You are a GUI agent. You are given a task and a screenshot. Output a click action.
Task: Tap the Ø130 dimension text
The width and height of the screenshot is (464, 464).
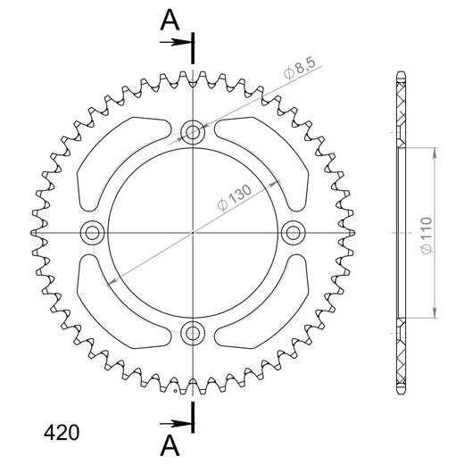coord(235,197)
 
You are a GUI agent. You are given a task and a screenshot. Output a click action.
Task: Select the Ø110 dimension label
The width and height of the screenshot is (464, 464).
coord(427,236)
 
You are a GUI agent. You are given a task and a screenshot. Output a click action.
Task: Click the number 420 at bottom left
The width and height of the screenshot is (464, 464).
coord(62,433)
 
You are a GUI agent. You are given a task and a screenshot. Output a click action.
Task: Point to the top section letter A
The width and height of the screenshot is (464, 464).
coord(170,20)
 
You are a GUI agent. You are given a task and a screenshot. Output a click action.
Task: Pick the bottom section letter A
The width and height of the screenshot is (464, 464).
coord(170,445)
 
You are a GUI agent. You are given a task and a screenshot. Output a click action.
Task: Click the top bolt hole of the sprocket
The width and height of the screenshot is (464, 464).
coord(193,132)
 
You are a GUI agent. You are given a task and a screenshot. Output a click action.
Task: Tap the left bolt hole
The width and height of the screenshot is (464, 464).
coord(92,233)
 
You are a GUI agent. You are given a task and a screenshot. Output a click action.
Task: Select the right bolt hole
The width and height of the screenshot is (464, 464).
coord(294,233)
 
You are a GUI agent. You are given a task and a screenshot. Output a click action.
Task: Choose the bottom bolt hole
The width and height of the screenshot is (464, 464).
coord(193,333)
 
